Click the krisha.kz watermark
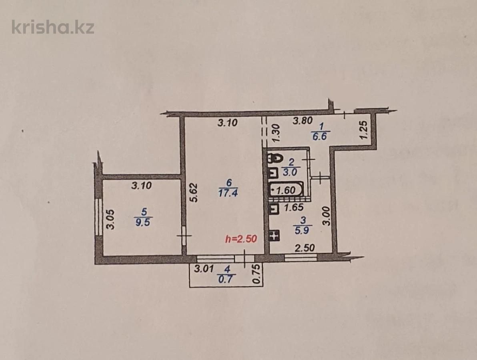(53, 27)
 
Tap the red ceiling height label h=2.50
(241, 239)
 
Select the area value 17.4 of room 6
(228, 193)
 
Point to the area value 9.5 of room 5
(142, 223)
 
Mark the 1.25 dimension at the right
(363, 130)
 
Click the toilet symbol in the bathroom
(274, 158)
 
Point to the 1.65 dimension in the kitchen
(293, 207)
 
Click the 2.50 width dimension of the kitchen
(305, 248)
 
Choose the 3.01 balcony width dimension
(204, 269)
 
